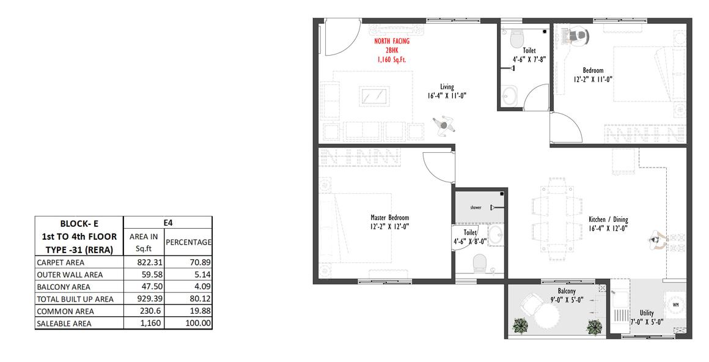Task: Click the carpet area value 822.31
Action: pos(150,262)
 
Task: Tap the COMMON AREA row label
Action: pos(65,311)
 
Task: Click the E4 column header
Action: pos(167,223)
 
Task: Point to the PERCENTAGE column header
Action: pos(188,242)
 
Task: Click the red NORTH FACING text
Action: pos(392,41)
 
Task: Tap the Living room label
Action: pos(447,87)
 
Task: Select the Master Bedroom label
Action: pos(390,218)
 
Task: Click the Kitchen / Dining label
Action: pos(608,220)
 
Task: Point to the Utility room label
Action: pos(647,312)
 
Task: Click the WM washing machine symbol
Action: pos(675,305)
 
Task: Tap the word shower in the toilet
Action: pos(476,208)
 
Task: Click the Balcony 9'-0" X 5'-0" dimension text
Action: pos(567,300)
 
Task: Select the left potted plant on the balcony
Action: pos(521,326)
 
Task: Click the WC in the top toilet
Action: pos(516,39)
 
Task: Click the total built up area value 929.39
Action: pos(150,299)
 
